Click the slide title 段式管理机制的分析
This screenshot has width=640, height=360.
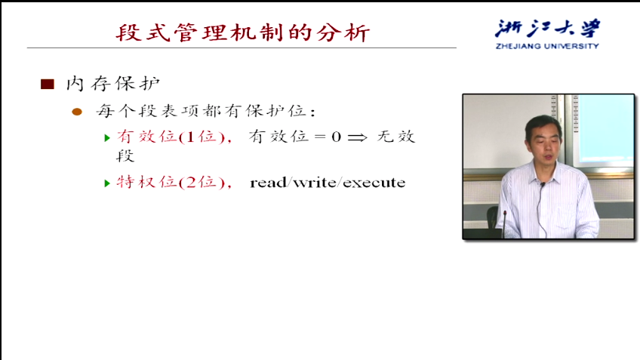point(243,32)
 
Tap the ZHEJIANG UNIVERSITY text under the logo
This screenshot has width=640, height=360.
point(547,46)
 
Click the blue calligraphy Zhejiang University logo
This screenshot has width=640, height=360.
point(547,29)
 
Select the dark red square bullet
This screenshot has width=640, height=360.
point(48,84)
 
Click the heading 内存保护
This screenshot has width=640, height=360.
point(112,84)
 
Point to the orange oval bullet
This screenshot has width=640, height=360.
point(77,112)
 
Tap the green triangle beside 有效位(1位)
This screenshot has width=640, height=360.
point(107,138)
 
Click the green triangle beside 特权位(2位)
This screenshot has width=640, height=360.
point(107,183)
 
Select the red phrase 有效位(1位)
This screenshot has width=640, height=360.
point(171,137)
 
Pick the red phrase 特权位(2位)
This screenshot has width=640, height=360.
point(171,182)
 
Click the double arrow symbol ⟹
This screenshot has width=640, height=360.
point(357,137)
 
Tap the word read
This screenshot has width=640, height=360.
point(268,183)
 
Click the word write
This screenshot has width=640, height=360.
point(314,183)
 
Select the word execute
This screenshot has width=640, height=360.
point(374,183)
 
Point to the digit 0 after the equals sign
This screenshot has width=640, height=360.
point(336,137)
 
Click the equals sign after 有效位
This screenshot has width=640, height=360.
point(320,137)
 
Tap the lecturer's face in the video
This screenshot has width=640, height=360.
point(544,142)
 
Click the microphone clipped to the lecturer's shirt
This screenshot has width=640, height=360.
point(543,186)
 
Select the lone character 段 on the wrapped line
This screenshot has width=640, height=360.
point(125,155)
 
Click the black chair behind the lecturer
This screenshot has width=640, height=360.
point(493,217)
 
